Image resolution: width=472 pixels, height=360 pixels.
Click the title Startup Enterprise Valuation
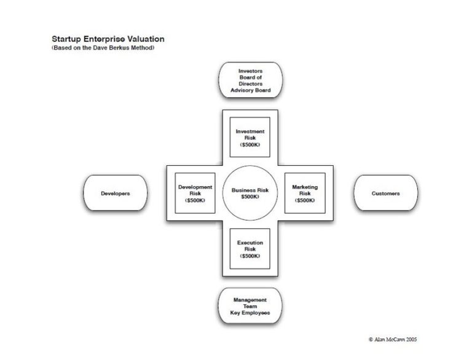(108, 39)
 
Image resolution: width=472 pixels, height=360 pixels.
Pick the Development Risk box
(195, 193)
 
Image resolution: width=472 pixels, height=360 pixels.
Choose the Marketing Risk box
(304, 193)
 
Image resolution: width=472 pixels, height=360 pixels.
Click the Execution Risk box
(250, 249)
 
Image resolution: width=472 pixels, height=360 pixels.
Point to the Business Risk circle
(250, 193)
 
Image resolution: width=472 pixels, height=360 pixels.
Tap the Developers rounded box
(116, 194)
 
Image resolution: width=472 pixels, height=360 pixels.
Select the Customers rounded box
(385, 194)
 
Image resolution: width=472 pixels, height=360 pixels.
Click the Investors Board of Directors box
(250, 80)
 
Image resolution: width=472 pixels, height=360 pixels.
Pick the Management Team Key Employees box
(250, 306)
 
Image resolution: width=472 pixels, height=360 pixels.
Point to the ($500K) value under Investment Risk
(250, 145)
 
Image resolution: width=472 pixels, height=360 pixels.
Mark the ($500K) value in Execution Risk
(250, 256)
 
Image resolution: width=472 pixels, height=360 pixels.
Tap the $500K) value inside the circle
(250, 197)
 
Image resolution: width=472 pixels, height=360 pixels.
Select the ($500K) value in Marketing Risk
(304, 200)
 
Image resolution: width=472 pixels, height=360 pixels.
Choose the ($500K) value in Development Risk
(195, 200)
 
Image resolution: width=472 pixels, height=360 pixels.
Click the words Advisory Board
(250, 90)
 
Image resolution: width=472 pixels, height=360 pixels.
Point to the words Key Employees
(250, 313)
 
